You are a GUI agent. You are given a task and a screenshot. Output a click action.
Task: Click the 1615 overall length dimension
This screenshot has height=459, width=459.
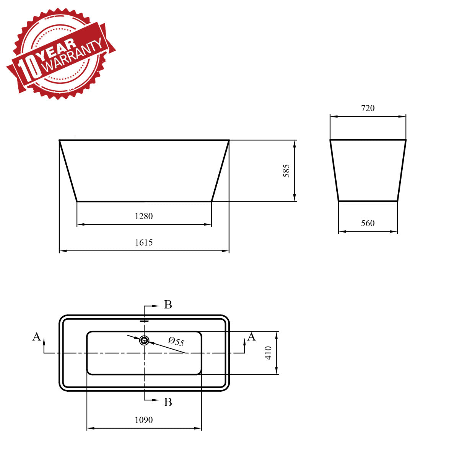[144, 243]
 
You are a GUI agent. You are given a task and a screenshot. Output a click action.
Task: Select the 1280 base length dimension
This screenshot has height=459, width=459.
[144, 216]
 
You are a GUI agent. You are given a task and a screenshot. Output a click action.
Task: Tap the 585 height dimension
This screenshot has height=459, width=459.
[286, 171]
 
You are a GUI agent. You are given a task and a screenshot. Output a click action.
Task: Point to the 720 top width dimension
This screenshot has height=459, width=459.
[368, 108]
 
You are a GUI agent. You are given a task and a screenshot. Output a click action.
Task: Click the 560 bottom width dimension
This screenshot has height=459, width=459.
[368, 223]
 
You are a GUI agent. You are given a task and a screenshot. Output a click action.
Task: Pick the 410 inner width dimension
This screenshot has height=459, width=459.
[269, 353]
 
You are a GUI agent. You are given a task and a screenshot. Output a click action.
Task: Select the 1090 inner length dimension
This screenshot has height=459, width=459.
[144, 420]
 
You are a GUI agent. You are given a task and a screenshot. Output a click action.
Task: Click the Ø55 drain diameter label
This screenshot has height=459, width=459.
[176, 341]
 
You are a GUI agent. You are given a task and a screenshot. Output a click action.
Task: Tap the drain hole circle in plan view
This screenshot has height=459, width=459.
[144, 340]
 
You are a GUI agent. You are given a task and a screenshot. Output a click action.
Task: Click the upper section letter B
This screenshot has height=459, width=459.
[168, 305]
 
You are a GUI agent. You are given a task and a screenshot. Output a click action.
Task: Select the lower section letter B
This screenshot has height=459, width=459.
[168, 402]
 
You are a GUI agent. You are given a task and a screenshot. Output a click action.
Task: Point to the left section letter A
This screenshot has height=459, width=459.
[36, 337]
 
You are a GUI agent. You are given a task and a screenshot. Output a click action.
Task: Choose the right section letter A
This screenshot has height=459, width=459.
[251, 337]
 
